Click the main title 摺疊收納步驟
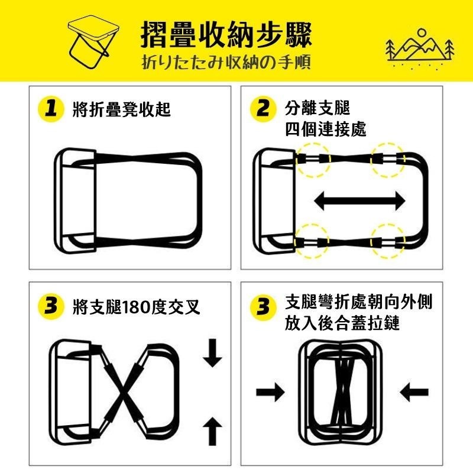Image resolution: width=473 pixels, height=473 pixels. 226,35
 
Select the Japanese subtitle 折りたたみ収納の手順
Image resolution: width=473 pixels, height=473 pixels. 226,63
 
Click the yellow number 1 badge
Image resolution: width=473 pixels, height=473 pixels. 51,109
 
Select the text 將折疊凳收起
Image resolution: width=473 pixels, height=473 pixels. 122,109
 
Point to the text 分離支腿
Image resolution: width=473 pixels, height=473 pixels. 318,108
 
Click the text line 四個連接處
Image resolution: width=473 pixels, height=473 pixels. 326,129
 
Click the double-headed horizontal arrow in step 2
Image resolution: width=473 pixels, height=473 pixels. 359,201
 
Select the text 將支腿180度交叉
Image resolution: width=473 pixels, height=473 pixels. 137,307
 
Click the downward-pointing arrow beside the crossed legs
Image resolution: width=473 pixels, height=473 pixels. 213,353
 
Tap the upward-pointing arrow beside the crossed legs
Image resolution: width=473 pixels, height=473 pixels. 213,432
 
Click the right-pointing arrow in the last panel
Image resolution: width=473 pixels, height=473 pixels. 270,392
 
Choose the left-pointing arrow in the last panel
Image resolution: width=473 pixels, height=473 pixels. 414,392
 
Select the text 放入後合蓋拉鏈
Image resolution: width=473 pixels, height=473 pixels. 342,323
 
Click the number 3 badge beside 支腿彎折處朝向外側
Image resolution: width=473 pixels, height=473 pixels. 263,307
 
